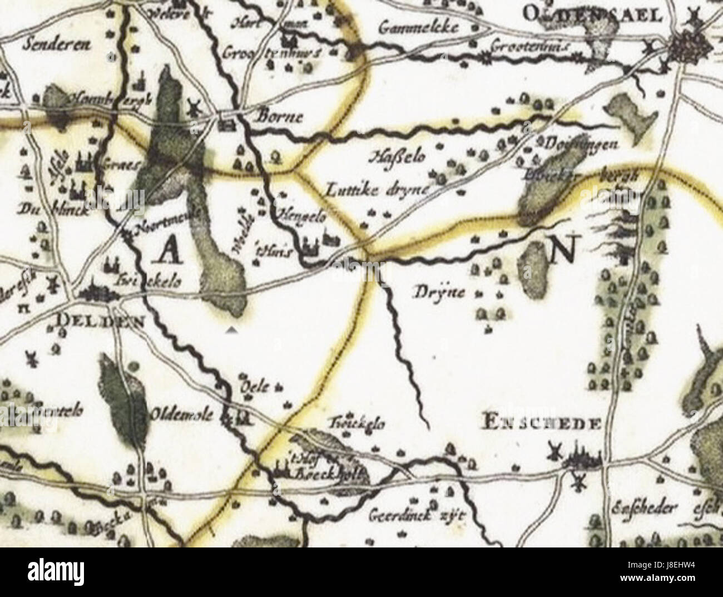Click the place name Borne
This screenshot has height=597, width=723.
pyautogui.click(x=280, y=117)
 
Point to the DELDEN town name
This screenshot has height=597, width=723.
pyautogui.click(x=101, y=322)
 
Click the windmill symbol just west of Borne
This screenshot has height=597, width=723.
pyautogui.click(x=194, y=104)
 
